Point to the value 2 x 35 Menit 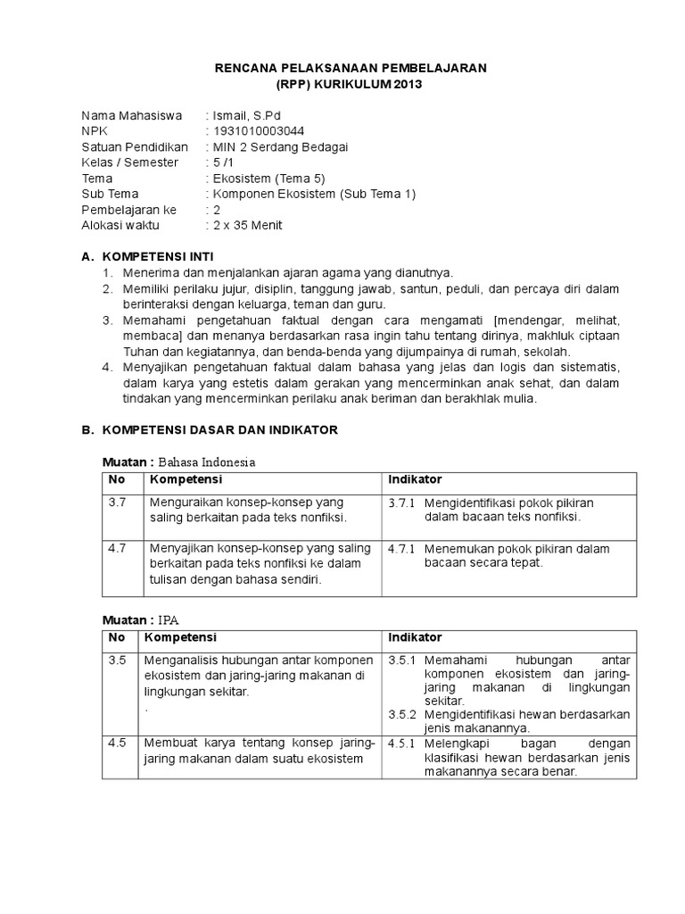click(x=246, y=225)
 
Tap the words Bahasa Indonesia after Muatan click(x=208, y=462)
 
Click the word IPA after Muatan click(x=169, y=619)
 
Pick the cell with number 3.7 click(x=118, y=503)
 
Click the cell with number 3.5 click(x=118, y=660)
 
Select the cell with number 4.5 click(x=118, y=743)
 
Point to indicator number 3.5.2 click(x=403, y=715)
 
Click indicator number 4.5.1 click(x=403, y=744)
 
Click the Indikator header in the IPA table click(x=415, y=637)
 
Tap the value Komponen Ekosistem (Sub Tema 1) click(x=312, y=194)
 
